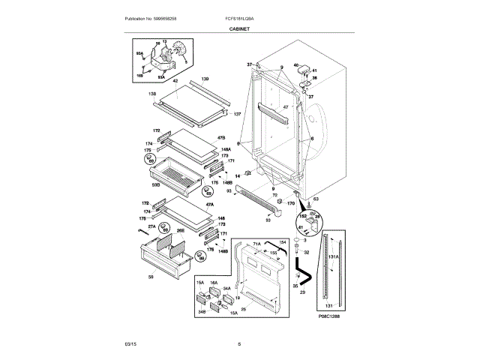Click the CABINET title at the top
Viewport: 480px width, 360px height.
coord(239,29)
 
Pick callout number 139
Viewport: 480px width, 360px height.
coord(205,79)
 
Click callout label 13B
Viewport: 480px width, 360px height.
coord(152,94)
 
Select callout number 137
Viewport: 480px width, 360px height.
coord(237,114)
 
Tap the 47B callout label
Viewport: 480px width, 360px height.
coord(222,138)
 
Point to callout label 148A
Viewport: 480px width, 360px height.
coord(224,148)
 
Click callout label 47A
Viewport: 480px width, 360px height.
coord(210,204)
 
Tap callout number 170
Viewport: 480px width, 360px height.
coord(292,202)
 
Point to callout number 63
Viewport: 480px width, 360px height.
coord(316,199)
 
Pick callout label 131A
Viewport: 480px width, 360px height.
coord(334,256)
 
